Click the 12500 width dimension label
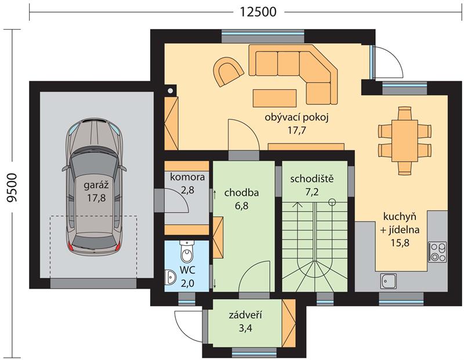(x=258, y=12)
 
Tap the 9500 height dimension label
(x=12, y=188)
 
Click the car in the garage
(x=94, y=187)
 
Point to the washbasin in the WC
(x=171, y=277)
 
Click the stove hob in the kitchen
(x=438, y=252)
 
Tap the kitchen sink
(x=389, y=281)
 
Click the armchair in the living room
(x=228, y=71)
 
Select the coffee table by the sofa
(x=274, y=98)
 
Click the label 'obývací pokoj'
(x=297, y=118)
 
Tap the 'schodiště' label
(x=312, y=179)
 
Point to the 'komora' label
(x=187, y=177)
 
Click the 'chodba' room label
(x=241, y=192)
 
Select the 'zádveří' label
(x=245, y=315)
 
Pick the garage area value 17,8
(x=96, y=198)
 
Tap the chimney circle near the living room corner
(x=171, y=91)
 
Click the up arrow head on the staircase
(x=298, y=204)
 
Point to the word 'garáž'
(x=96, y=185)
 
